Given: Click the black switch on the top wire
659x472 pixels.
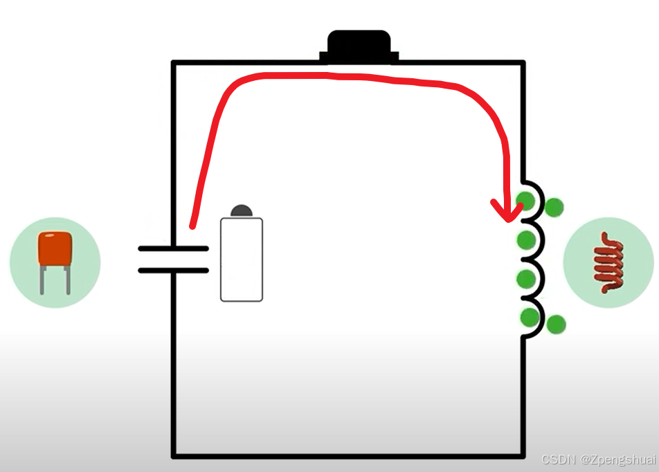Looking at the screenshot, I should tap(359, 47).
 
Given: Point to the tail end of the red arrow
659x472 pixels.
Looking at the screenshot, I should tap(192, 224).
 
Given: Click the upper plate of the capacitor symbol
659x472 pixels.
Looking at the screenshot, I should tap(173, 248).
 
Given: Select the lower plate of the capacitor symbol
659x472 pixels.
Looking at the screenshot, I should tap(173, 270).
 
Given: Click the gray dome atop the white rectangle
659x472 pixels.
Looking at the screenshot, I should tap(242, 210).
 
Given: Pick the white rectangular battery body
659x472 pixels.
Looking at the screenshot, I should tap(242, 260).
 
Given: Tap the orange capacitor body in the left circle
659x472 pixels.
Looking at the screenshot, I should tap(55, 248).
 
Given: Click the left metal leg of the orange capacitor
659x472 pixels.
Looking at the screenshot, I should tap(43, 280).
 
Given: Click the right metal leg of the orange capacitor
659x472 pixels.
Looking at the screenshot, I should tap(68, 280).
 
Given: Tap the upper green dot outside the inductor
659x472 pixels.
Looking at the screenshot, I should tap(554, 206).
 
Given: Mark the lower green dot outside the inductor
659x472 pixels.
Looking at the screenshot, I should tap(556, 324).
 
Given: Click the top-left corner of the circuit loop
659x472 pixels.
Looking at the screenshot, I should tap(173, 64).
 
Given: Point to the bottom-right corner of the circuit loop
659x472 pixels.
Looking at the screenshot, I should tap(523, 455).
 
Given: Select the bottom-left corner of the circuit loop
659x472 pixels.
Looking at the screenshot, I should tap(173, 455).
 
